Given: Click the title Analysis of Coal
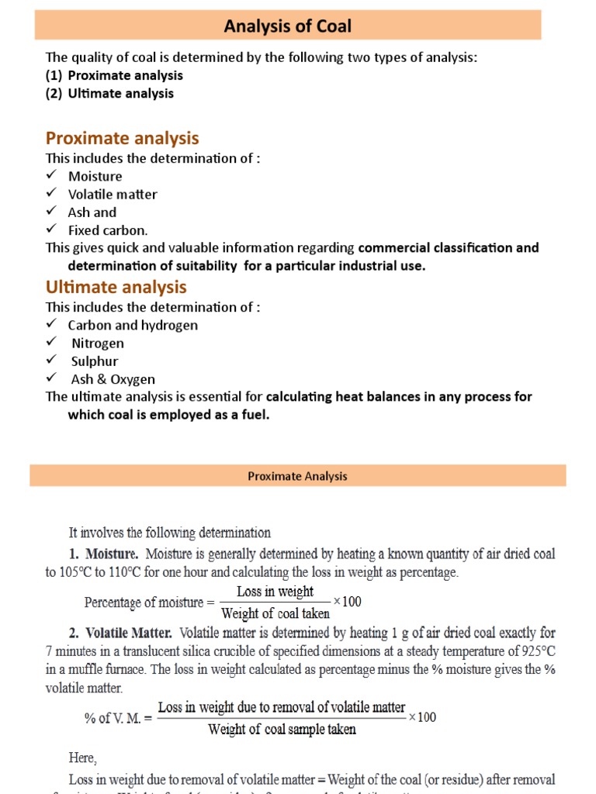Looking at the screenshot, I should pos(287,26).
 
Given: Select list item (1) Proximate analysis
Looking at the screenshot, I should pos(114,75).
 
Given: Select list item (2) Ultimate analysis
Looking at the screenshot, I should pos(109,93).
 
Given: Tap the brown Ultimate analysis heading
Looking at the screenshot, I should pos(116,287).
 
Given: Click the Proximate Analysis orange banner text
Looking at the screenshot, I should pos(297,476).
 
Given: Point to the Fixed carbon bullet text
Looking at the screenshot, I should pos(107,230).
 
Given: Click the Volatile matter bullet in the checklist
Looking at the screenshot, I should pos(112,194).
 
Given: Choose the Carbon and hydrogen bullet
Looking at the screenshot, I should pos(133,325).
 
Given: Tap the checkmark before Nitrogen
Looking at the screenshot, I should pos(51,342).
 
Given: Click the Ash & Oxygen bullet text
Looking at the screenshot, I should pos(111,379).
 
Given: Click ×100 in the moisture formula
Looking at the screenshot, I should pos(347,602).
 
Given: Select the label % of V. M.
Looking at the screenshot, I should pos(116,717).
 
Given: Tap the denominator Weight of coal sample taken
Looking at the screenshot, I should pos(282,729).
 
